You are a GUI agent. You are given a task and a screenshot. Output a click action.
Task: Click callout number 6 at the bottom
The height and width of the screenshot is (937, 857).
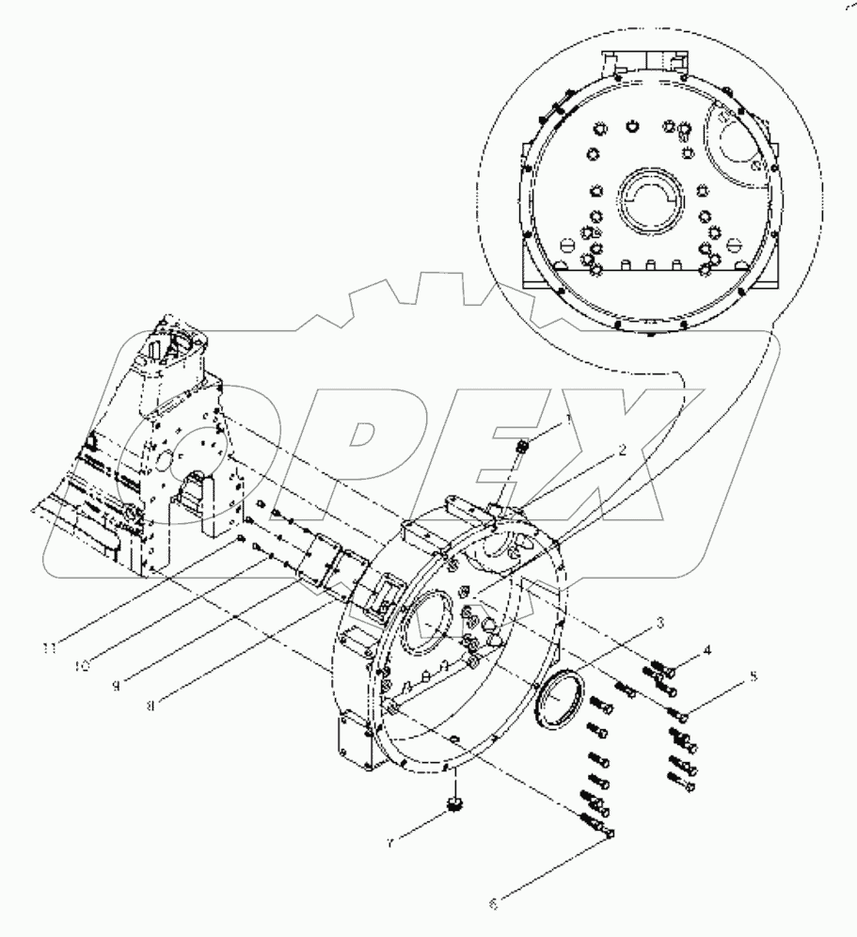tap(493, 906)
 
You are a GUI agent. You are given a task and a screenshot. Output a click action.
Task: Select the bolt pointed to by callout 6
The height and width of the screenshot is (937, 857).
tap(599, 828)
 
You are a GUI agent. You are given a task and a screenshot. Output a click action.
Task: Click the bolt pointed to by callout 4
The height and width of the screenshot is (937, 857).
tap(666, 669)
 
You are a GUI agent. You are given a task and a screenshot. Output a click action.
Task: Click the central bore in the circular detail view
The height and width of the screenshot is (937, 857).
tap(647, 198)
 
